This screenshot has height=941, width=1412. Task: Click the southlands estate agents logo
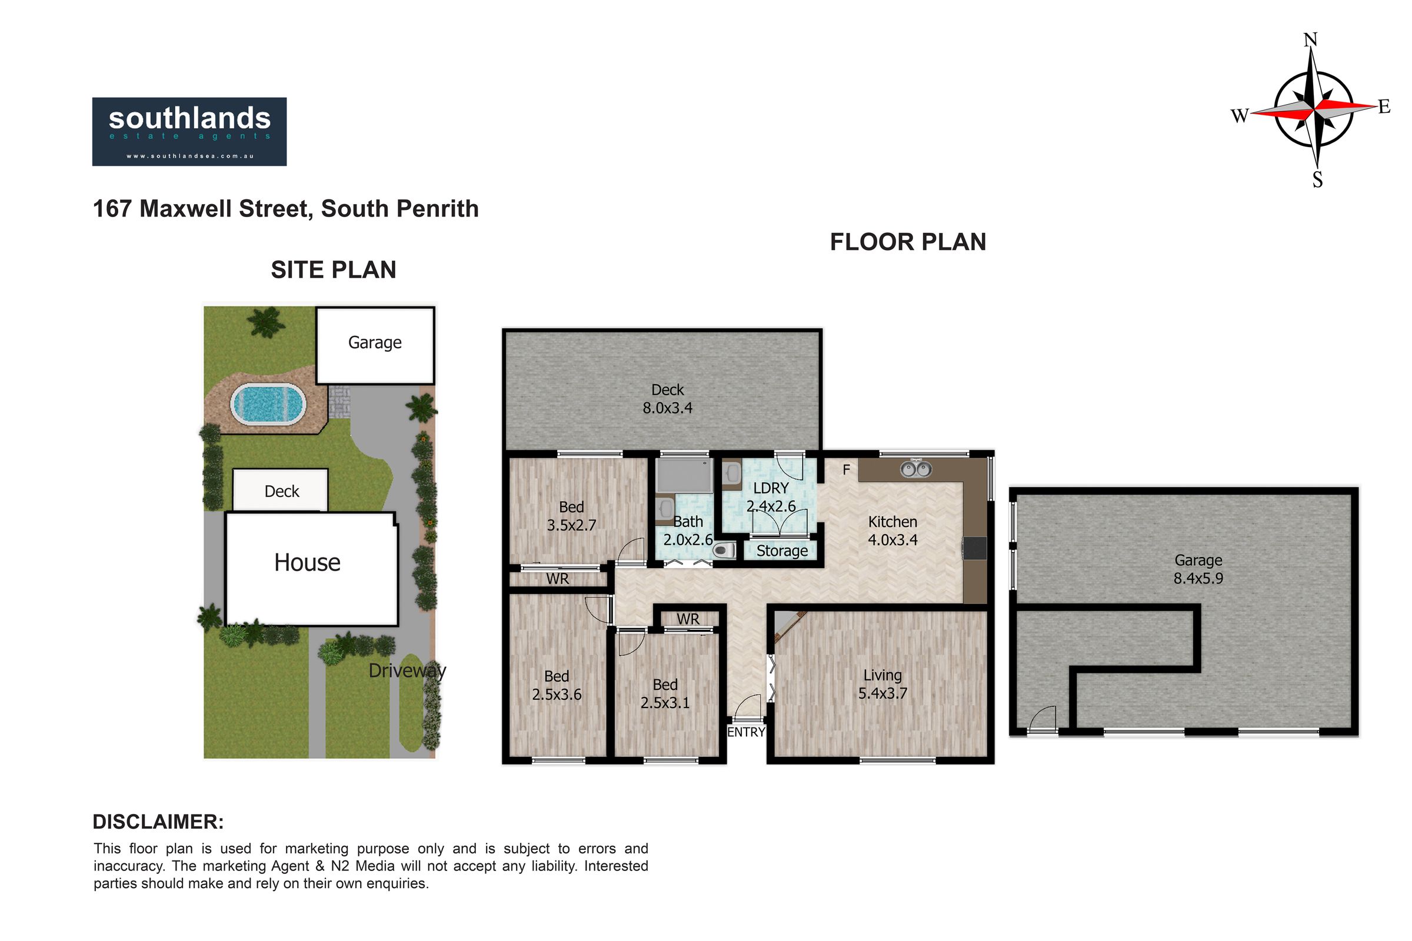tap(189, 131)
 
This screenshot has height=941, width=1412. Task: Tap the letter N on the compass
tap(1311, 40)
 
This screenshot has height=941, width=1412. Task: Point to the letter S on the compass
tap(1317, 179)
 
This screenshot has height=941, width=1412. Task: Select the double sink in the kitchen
tap(916, 468)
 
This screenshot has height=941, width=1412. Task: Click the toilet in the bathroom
tap(724, 550)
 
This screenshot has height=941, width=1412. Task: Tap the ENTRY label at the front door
tap(746, 732)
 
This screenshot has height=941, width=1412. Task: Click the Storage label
tap(782, 550)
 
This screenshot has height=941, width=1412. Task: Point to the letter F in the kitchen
tap(846, 470)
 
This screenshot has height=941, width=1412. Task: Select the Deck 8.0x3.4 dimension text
tap(668, 399)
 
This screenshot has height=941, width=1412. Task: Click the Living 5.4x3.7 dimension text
tap(883, 684)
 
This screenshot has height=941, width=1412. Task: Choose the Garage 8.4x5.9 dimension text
tap(1198, 569)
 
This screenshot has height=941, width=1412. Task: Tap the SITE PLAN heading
tap(333, 270)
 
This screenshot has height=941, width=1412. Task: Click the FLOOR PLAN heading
tap(908, 242)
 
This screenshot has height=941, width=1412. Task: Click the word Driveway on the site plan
tap(408, 670)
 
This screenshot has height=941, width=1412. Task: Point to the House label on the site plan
tap(307, 562)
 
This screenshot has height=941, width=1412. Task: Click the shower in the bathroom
tap(684, 475)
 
